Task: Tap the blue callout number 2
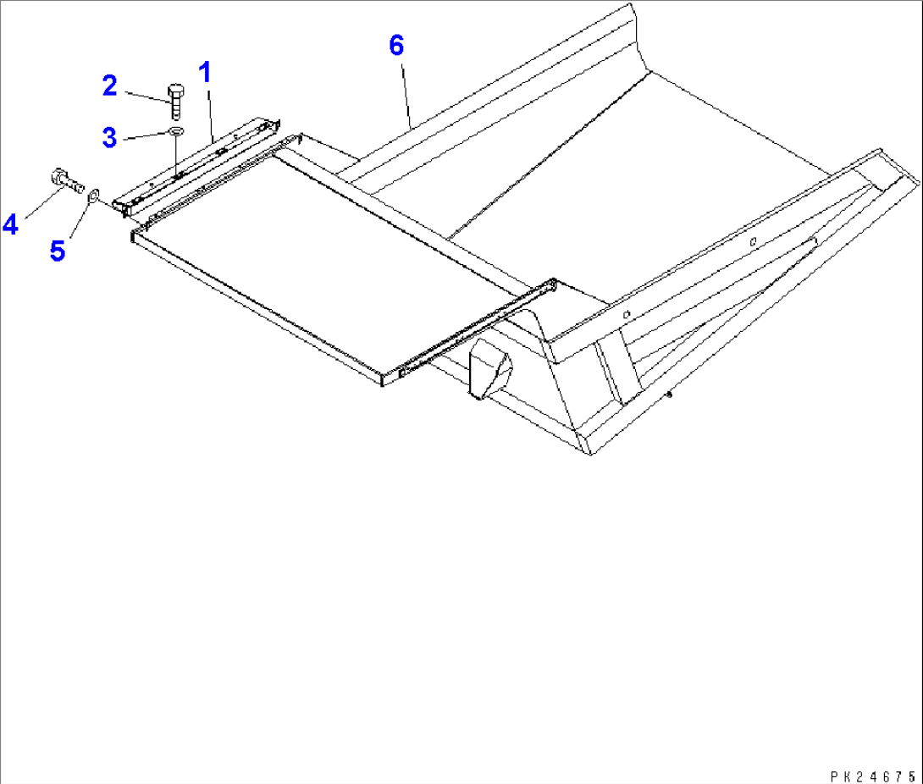(x=109, y=85)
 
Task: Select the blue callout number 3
(x=109, y=137)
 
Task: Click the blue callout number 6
(x=396, y=45)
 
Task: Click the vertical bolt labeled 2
(x=176, y=100)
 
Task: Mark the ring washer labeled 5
(x=93, y=196)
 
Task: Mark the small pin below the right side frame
(x=669, y=392)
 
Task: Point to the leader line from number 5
(x=78, y=221)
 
